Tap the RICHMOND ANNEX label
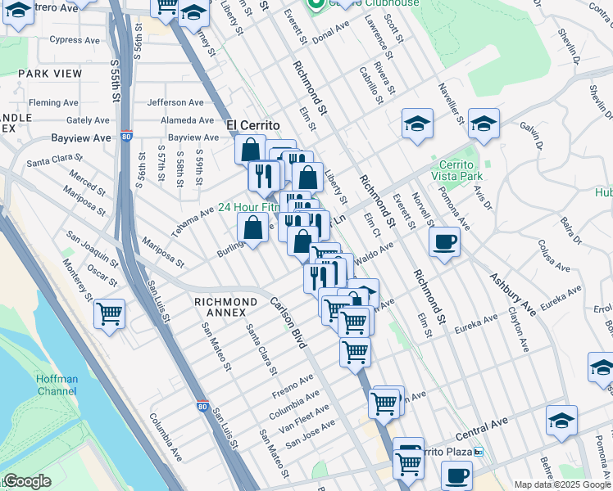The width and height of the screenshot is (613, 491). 220,307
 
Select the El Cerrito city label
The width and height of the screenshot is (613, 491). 253,125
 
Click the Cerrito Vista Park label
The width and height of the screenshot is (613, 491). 460,170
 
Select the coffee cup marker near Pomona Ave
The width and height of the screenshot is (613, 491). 444,242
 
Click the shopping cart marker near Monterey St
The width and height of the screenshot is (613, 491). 109,313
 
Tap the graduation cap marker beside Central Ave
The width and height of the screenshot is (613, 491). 561,421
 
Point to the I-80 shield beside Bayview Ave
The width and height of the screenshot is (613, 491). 126,137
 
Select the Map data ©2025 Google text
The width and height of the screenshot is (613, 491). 562,484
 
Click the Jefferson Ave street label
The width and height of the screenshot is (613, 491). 175,102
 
